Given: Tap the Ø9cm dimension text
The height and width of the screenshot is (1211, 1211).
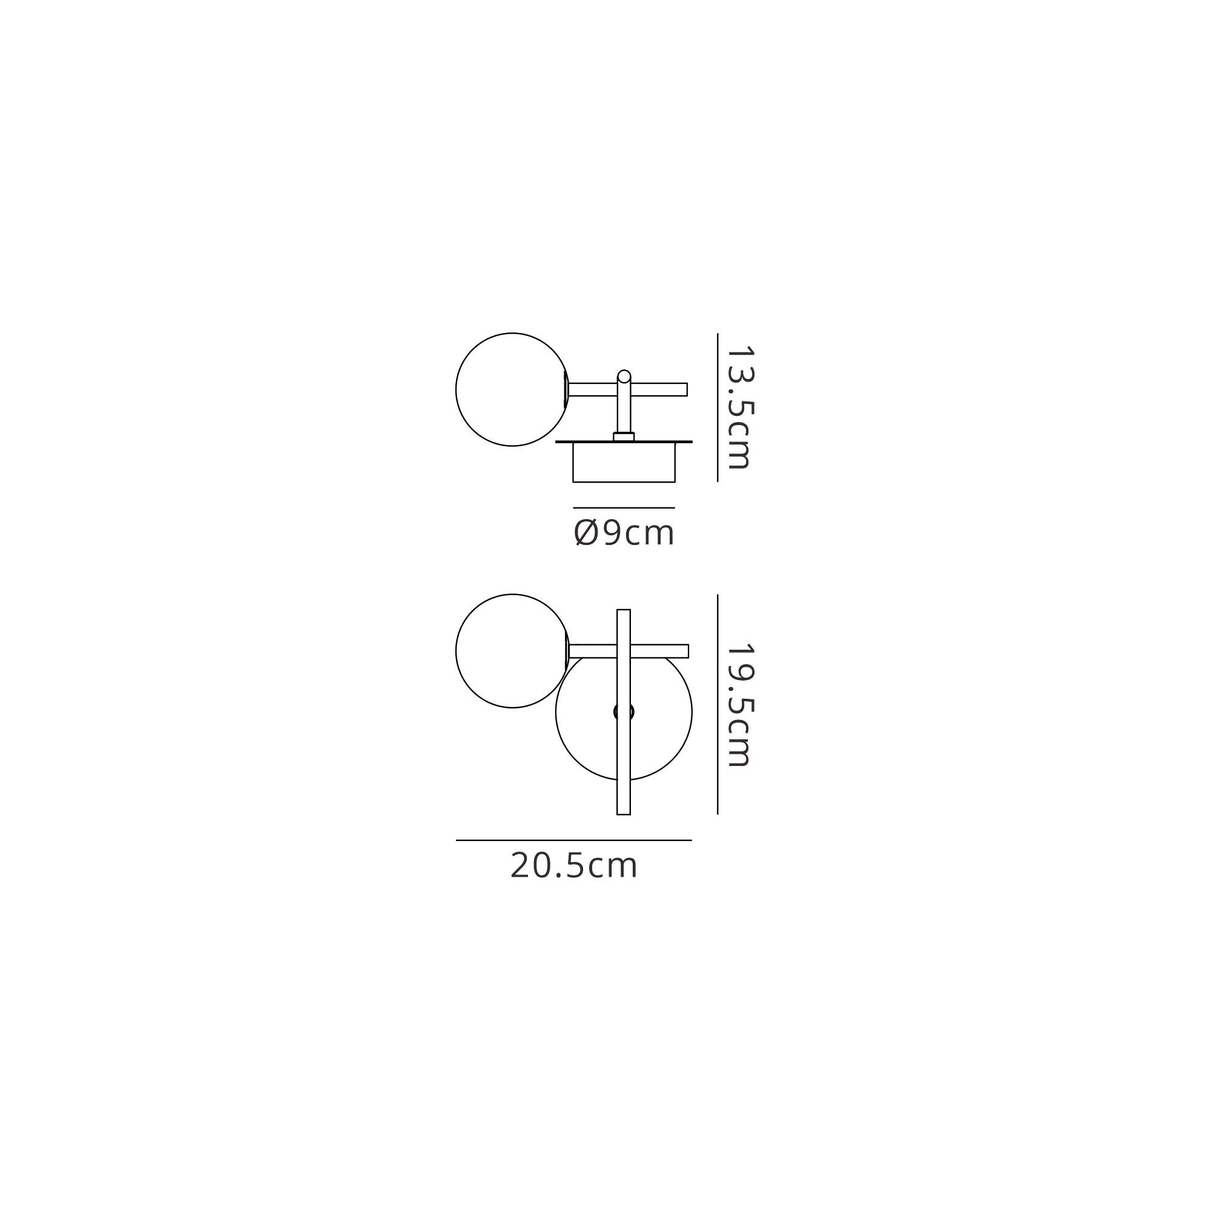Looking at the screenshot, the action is tap(624, 533).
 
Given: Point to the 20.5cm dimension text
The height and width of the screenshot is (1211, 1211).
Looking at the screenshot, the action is tap(574, 866).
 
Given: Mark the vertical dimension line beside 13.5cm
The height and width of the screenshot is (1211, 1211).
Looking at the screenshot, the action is tap(717, 408).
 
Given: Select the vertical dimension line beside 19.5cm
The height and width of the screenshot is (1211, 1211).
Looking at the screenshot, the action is tap(717, 705).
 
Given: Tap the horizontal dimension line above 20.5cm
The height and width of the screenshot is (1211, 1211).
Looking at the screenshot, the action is tap(573, 840).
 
